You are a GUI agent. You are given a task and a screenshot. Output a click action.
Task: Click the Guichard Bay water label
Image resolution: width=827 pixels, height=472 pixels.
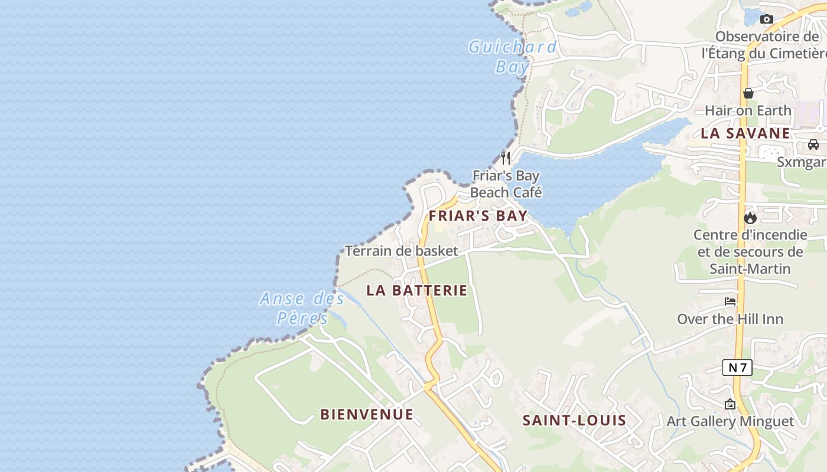pyautogui.click(x=513, y=56)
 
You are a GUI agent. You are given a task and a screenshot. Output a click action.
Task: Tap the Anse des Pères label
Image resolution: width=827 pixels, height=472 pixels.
pyautogui.click(x=302, y=308)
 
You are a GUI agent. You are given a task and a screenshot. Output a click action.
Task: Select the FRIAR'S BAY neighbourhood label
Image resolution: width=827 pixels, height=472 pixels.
pyautogui.click(x=478, y=216)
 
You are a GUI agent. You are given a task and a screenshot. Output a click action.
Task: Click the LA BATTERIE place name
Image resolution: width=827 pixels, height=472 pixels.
pyautogui.click(x=416, y=290)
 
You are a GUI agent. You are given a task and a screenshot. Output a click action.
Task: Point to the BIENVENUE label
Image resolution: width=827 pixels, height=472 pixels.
pyautogui.click(x=366, y=414)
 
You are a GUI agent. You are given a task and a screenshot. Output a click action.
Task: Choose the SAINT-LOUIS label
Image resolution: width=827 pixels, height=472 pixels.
pyautogui.click(x=574, y=420)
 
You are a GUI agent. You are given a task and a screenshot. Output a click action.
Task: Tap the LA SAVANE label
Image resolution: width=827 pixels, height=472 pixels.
pyautogui.click(x=745, y=133)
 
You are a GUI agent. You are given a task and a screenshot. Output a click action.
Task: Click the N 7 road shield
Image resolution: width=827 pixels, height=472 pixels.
pyautogui.click(x=737, y=368)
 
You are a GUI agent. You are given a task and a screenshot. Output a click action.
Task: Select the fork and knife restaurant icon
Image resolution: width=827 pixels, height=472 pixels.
pyautogui.click(x=506, y=158)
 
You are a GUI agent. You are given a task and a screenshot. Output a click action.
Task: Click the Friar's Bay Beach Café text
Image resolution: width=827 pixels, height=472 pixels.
pyautogui.click(x=506, y=184)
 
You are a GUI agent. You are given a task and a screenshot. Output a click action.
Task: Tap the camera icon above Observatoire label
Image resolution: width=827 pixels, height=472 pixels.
pyautogui.click(x=767, y=19)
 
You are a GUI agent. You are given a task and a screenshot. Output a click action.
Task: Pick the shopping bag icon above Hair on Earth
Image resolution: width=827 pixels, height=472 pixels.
pyautogui.click(x=748, y=93)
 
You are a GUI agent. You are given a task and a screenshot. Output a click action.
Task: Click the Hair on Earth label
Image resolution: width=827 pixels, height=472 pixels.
pyautogui.click(x=748, y=110)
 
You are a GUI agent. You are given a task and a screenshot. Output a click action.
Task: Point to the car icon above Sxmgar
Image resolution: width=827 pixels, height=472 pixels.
pyautogui.click(x=813, y=145)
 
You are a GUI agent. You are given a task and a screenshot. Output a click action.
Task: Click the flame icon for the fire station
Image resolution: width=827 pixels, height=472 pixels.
pyautogui.click(x=750, y=218)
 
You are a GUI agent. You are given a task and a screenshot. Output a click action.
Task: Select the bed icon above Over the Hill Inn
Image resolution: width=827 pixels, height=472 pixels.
pyautogui.click(x=730, y=301)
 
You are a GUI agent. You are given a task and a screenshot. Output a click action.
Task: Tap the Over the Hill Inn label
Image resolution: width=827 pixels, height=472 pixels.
pyautogui.click(x=730, y=319)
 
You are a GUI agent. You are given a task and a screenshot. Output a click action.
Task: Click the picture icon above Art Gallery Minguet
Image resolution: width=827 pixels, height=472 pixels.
pyautogui.click(x=730, y=404)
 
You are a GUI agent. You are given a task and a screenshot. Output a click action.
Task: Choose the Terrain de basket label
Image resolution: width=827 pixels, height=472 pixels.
pyautogui.click(x=401, y=251)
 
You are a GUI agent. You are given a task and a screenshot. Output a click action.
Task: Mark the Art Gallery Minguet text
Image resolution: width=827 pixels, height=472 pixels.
pyautogui.click(x=730, y=421)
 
